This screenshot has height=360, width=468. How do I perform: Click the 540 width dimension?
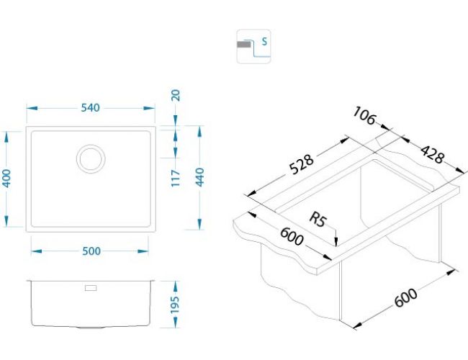pyautogui.click(x=90, y=108)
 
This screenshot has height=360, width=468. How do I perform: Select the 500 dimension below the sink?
pyautogui.click(x=91, y=251)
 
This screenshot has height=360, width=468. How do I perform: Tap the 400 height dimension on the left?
pyautogui.click(x=6, y=179)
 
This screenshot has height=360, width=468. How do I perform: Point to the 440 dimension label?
pyautogui.click(x=199, y=177)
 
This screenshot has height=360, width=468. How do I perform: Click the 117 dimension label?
pyautogui.click(x=176, y=179)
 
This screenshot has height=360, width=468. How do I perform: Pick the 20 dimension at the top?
pyautogui.click(x=176, y=96)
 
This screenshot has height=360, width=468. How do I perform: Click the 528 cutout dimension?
pyautogui.click(x=302, y=164)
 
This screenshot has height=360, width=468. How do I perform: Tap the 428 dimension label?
pyautogui.click(x=433, y=154)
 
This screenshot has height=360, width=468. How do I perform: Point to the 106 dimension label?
pyautogui.click(x=364, y=115)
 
